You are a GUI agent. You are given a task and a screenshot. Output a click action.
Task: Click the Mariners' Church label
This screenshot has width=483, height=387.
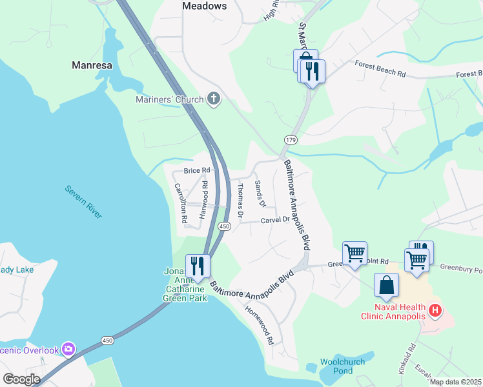point(170,99)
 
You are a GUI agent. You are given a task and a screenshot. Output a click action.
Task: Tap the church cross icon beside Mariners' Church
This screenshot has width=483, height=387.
point(214,99)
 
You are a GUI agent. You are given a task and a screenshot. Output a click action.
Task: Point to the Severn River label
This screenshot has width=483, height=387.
point(83,202)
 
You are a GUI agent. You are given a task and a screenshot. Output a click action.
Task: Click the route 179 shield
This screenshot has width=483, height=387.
point(290,139)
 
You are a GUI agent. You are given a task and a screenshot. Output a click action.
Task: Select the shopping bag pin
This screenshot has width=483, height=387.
point(386,285)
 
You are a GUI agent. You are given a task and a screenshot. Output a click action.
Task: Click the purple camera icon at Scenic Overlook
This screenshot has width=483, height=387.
point(68,350)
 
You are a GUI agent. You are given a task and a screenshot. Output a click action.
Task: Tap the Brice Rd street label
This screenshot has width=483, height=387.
point(197,170)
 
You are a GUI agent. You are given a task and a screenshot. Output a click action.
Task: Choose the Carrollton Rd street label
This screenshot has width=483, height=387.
point(181,203)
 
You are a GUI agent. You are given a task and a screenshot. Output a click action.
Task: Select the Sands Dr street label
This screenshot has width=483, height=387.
point(260,193)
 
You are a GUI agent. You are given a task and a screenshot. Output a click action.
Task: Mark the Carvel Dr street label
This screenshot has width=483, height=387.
point(275,220)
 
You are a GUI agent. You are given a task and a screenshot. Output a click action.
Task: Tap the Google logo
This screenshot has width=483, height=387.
point(21,379)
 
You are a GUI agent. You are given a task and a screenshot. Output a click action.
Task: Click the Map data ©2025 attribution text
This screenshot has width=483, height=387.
point(455,382)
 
